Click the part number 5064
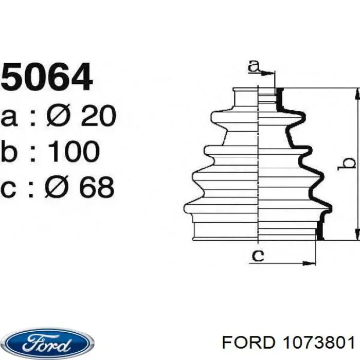pos(47,77)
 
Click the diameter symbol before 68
pos(57,187)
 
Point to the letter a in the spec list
pos(10,117)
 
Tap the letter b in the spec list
pos(10,152)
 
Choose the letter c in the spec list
pos(10,188)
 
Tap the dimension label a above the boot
pos(254,66)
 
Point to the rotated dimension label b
pos(349,164)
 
